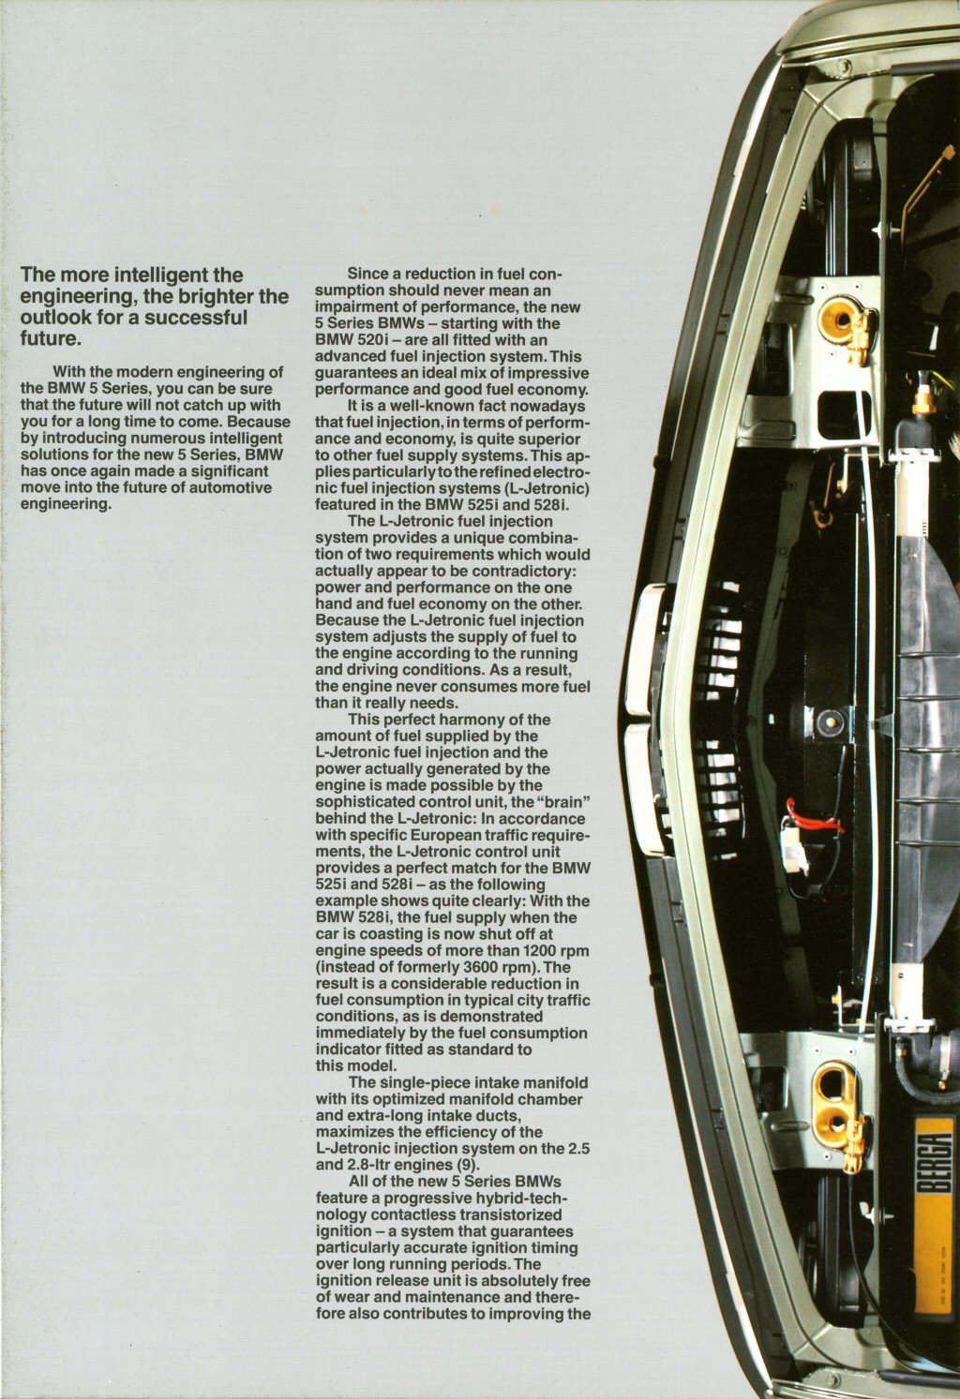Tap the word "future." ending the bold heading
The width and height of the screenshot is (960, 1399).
click(x=51, y=339)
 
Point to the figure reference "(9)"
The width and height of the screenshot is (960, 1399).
click(x=466, y=1165)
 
